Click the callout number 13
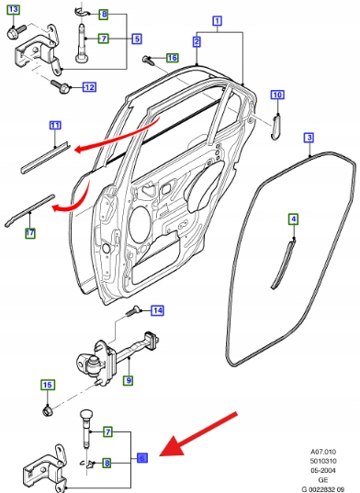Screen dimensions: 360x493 click(x=13, y=10)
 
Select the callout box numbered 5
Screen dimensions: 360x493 click(x=137, y=39)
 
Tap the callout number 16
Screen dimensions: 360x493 click(x=172, y=58)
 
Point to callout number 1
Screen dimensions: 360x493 click(x=218, y=21)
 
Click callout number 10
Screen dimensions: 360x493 click(x=277, y=95)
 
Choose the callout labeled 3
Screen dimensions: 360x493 click(x=309, y=138)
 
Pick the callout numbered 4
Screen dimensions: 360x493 click(x=293, y=218)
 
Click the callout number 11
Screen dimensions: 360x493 click(x=55, y=126)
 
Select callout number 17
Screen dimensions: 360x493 click(x=30, y=233)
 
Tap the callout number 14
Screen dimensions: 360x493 click(x=158, y=310)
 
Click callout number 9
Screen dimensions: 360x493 click(x=129, y=380)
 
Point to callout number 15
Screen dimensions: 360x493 click(x=48, y=385)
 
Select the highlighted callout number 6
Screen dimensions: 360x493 click(x=142, y=458)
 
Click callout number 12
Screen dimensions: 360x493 click(x=89, y=87)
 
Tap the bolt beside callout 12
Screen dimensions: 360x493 click(x=61, y=87)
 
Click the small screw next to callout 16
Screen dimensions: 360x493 click(x=147, y=60)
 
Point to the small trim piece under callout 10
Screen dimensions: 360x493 click(x=276, y=127)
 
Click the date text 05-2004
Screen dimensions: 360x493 click(x=323, y=471)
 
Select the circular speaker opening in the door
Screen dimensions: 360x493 click(x=140, y=225)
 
